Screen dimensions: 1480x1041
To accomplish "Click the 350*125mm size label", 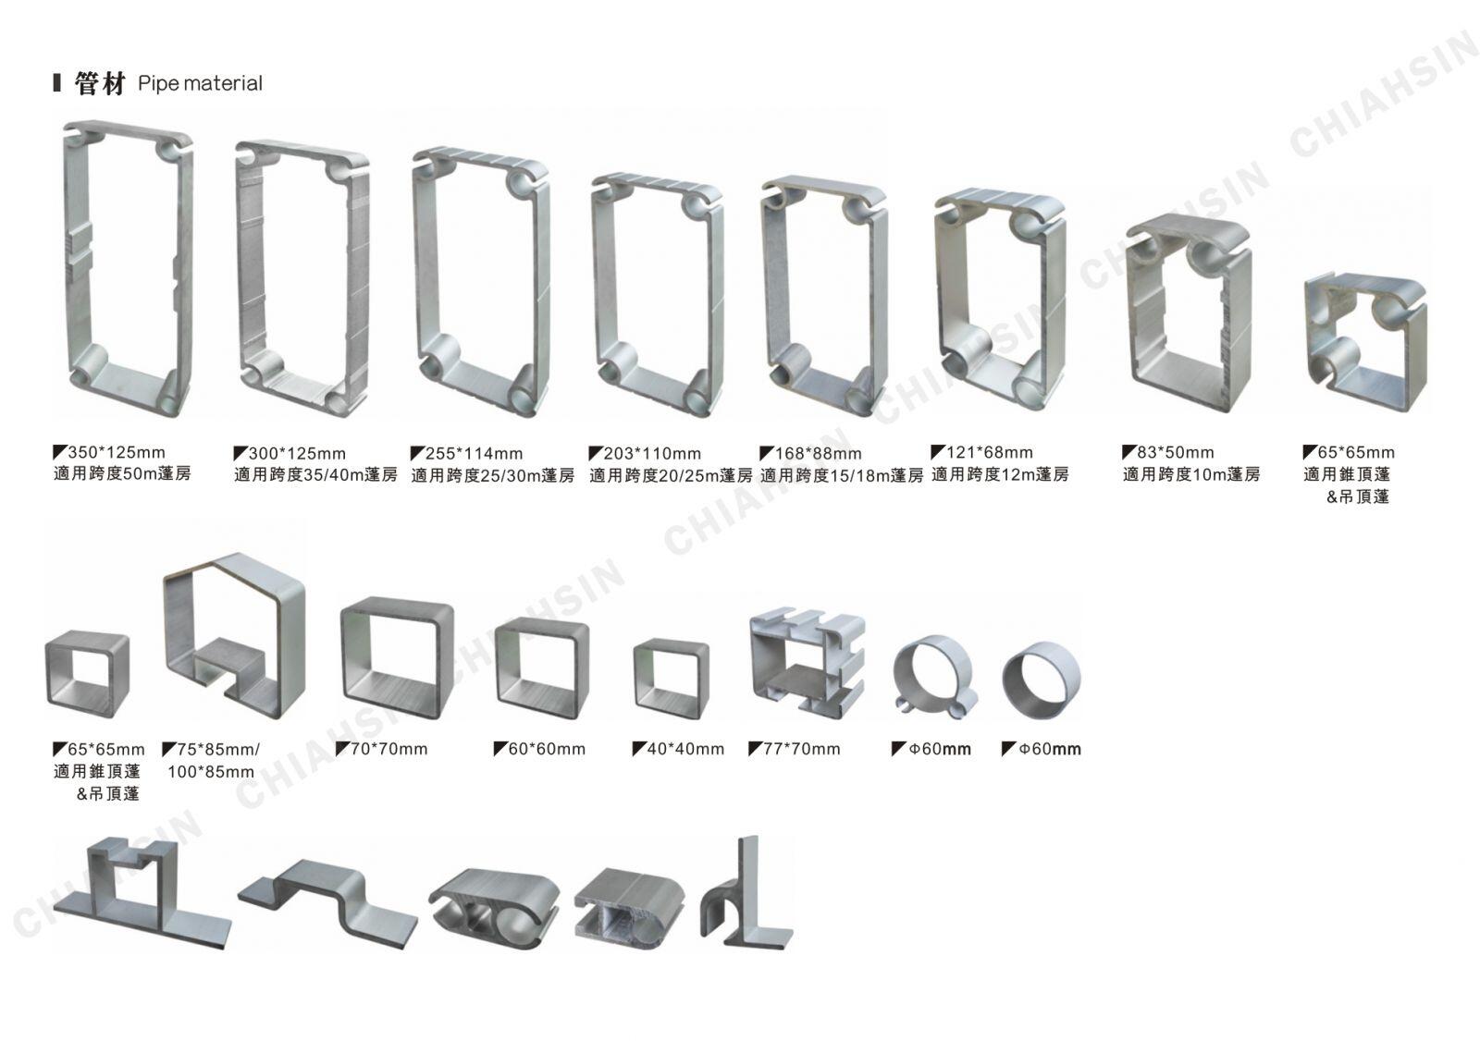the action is point(117,452).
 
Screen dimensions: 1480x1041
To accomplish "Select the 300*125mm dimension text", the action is point(297,454).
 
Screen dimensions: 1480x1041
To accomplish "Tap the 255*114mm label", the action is point(474,454).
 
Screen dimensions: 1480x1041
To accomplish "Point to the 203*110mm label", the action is point(652,454).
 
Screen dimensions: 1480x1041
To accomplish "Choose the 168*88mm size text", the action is point(818,454).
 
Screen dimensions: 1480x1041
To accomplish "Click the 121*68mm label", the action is point(989,452).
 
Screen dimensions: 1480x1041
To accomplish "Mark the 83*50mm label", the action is point(1176,452).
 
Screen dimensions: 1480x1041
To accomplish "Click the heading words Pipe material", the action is point(200,84).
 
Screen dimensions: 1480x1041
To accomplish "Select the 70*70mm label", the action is point(389,749).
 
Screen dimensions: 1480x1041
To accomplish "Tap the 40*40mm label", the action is point(685,749).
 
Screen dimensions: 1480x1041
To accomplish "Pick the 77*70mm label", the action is point(801,749).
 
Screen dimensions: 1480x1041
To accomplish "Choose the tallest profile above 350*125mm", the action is point(74,264).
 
